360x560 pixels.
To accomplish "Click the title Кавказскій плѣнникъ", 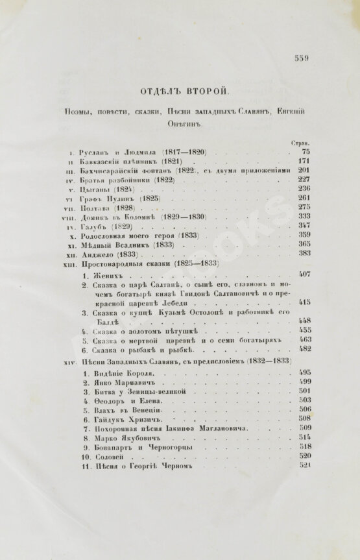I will tap(119, 161).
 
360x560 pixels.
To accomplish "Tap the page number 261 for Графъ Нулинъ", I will tap(304, 198).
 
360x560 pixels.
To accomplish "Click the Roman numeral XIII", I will tap(70, 263).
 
